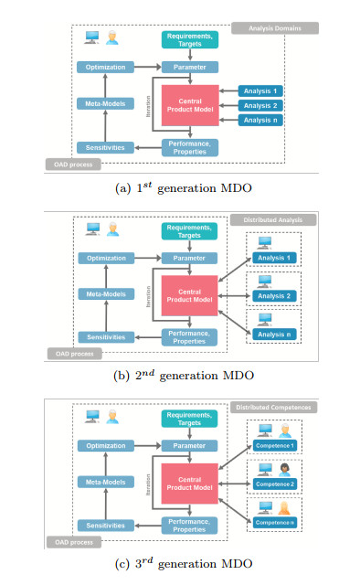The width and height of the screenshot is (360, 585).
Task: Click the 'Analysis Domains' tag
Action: (x=273, y=28)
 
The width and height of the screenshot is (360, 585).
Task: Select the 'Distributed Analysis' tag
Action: (x=273, y=220)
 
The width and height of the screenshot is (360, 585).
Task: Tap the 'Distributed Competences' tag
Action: (x=273, y=406)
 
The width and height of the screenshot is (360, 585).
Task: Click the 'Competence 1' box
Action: (x=274, y=446)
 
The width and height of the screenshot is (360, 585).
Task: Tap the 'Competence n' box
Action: (x=274, y=521)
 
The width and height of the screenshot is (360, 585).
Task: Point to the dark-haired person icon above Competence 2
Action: (x=284, y=468)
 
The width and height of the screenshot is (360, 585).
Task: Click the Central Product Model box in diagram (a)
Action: (x=189, y=105)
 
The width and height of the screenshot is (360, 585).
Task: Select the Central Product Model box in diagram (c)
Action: (x=189, y=484)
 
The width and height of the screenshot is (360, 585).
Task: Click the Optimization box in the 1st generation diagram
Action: (x=105, y=67)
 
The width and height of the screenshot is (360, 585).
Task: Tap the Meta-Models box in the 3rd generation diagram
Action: (x=105, y=483)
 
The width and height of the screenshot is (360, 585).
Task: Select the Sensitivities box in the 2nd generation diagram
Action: (x=105, y=337)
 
